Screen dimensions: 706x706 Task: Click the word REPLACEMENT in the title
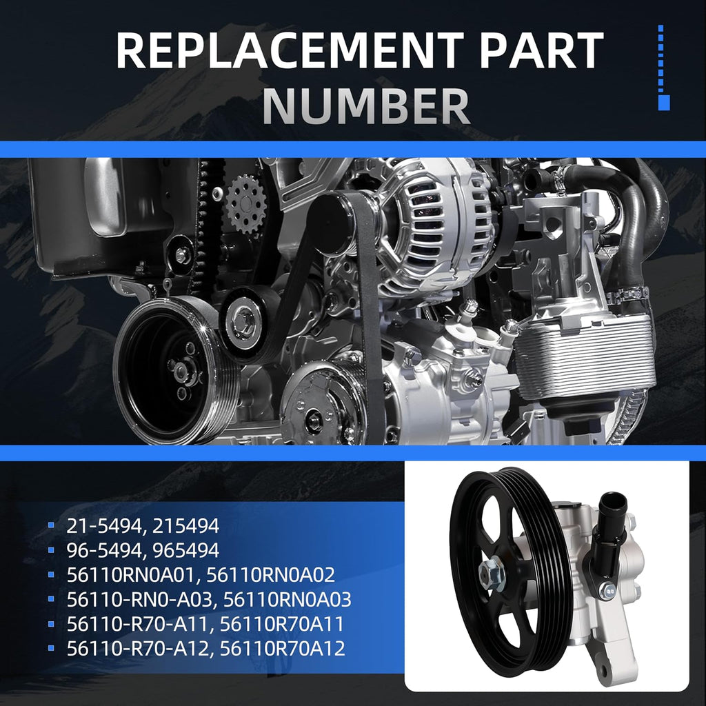point(290,50)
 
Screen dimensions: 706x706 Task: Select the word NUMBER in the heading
point(366,106)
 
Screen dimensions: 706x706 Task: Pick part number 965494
point(185,550)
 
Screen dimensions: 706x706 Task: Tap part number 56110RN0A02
point(270,575)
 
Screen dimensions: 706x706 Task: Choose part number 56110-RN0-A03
point(141,599)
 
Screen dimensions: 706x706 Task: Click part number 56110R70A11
point(282,624)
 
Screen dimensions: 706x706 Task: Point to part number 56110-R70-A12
point(137,648)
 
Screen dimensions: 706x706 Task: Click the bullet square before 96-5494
point(51,549)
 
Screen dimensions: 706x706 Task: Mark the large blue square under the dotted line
point(664,102)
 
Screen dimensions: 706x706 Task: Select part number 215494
point(185,526)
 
